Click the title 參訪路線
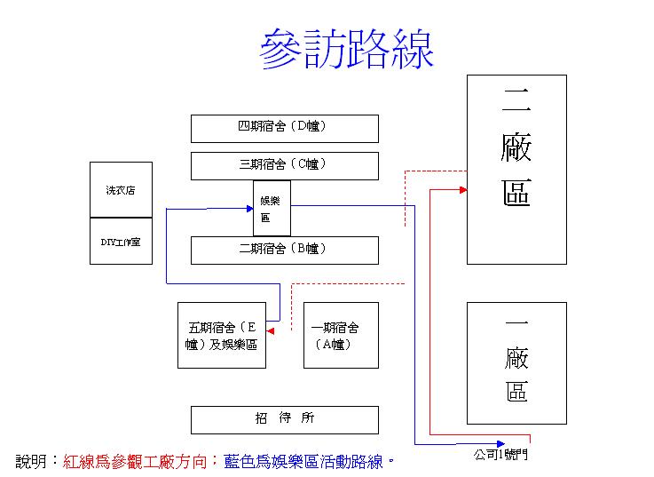[347, 51]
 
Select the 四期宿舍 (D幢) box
[284, 128]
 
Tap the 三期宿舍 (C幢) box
[284, 165]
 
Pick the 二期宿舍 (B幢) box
[284, 250]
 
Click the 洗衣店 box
[121, 190]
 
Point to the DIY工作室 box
[121, 241]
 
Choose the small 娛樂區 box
[272, 208]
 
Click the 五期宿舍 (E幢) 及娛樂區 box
[221, 335]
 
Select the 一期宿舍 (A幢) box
[341, 335]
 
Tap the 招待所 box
[284, 419]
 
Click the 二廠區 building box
[516, 169]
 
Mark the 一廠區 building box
[516, 362]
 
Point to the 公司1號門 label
[500, 455]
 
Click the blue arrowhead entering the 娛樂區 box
[249, 209]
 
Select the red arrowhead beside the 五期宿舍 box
[271, 330]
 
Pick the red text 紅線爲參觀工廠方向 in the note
[137, 462]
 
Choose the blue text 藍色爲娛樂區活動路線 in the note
[303, 462]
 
